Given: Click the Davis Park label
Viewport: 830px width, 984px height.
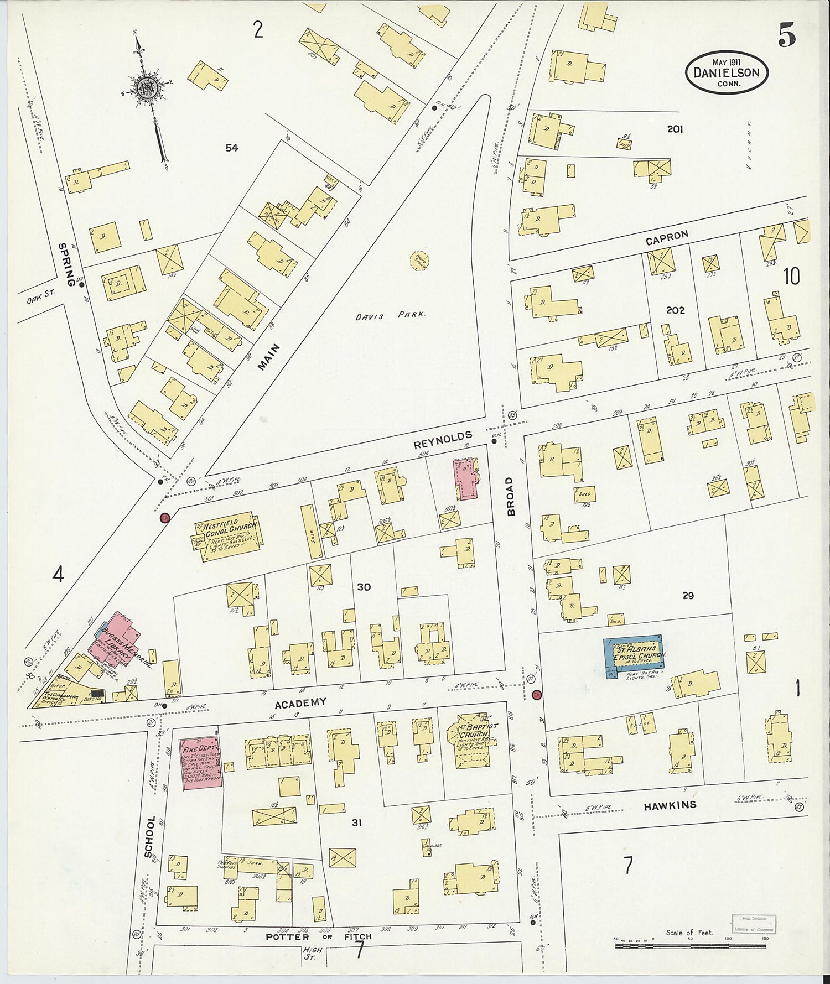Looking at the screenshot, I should [390, 315].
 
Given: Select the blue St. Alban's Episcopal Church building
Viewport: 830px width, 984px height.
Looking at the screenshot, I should [634, 657].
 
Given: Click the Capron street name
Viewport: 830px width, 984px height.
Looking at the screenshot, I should [667, 238].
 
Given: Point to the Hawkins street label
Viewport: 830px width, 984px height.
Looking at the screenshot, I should [670, 806].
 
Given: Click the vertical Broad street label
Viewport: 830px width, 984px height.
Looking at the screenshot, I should [510, 496].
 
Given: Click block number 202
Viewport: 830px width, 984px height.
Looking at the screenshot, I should [675, 310].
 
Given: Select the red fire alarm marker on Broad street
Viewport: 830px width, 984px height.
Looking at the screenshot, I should [536, 695].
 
